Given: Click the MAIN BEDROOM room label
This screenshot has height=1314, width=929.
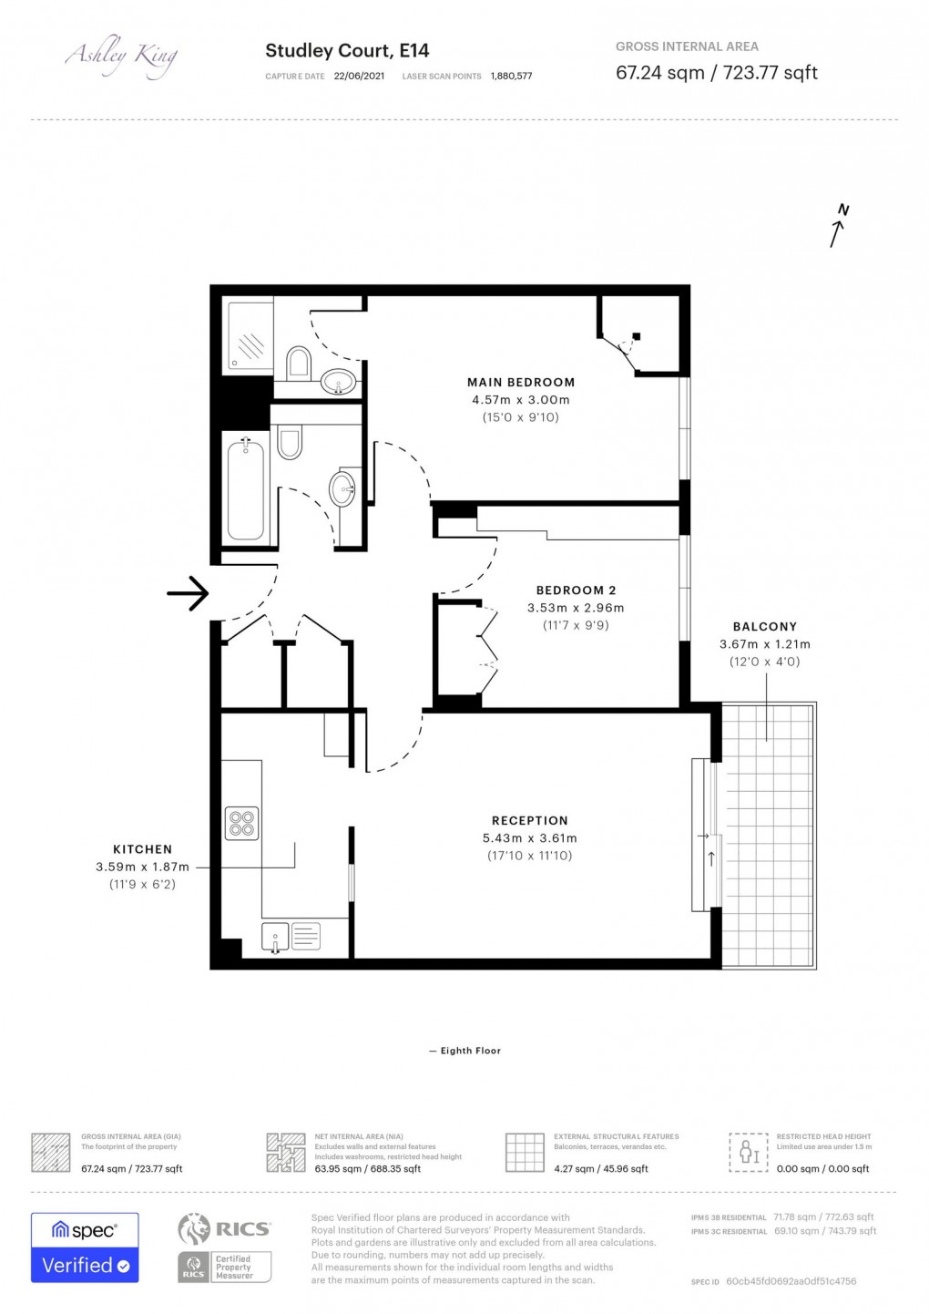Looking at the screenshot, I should click(x=520, y=383).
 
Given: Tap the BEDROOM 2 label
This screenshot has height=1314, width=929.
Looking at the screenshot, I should click(x=576, y=590).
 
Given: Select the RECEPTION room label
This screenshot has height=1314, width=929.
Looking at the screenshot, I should click(x=529, y=821).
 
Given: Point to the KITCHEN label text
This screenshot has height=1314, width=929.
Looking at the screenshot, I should click(x=142, y=849).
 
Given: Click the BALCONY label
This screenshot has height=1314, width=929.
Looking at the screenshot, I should click(x=764, y=627).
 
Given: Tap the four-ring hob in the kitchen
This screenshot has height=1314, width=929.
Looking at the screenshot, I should click(x=242, y=824).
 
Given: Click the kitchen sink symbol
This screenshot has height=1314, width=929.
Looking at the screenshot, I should click(x=276, y=936).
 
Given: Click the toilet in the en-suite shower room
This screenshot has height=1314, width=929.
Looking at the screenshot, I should click(x=298, y=364).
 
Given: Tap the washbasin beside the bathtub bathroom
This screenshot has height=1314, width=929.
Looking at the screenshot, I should click(x=343, y=488).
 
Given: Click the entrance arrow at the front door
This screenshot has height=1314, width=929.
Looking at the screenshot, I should click(x=188, y=594).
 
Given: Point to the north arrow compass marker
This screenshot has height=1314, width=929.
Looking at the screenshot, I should click(x=838, y=225).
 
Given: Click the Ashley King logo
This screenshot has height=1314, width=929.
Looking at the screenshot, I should click(x=121, y=56).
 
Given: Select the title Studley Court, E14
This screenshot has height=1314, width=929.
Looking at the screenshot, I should click(x=347, y=51).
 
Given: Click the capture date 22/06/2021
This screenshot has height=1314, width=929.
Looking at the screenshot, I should click(x=359, y=77).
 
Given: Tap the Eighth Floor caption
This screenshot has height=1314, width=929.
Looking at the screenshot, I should click(x=465, y=1051).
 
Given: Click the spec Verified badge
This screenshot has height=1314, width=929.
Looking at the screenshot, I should click(x=85, y=1247).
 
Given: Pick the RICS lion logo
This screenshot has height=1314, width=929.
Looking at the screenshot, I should click(x=194, y=1229).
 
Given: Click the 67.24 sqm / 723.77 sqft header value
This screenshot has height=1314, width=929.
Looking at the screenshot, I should click(x=716, y=73).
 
